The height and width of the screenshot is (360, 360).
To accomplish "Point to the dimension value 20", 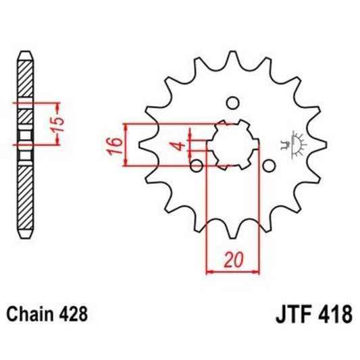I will point(233,259).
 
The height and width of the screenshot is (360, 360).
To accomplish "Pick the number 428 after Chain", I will point(72,315).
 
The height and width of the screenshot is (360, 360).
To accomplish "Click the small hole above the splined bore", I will point(232,103).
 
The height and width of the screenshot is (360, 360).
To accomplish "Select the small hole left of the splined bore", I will point(197,165).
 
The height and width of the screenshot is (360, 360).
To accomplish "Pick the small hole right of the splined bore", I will point(268,165).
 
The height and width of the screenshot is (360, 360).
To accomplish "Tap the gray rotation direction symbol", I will point(294,140).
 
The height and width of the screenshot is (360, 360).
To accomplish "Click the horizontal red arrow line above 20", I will point(232,272).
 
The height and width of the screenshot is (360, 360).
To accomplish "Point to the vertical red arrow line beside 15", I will point(48,124).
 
